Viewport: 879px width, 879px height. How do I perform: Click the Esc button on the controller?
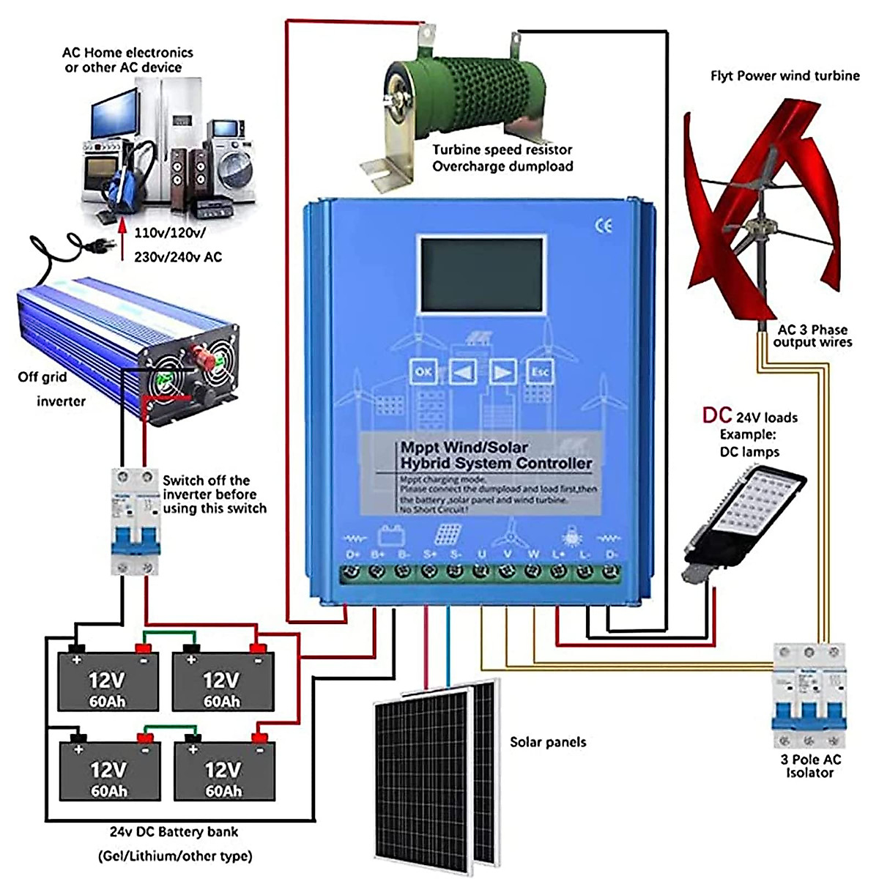(540, 372)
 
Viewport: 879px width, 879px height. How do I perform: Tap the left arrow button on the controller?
(462, 372)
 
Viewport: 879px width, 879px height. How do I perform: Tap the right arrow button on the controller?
(502, 372)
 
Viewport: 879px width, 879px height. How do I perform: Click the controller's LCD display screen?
(482, 274)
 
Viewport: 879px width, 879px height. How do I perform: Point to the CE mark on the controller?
(604, 226)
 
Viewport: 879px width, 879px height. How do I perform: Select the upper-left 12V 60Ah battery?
(108, 681)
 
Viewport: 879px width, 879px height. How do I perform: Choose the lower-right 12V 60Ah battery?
(224, 771)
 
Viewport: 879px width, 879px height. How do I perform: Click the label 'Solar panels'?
(548, 742)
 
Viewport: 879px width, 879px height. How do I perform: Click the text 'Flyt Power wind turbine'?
(785, 75)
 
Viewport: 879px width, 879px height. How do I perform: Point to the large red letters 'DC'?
(717, 415)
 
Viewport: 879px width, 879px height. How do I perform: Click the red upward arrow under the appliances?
(123, 234)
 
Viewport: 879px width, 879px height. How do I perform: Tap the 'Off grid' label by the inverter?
(42, 377)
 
